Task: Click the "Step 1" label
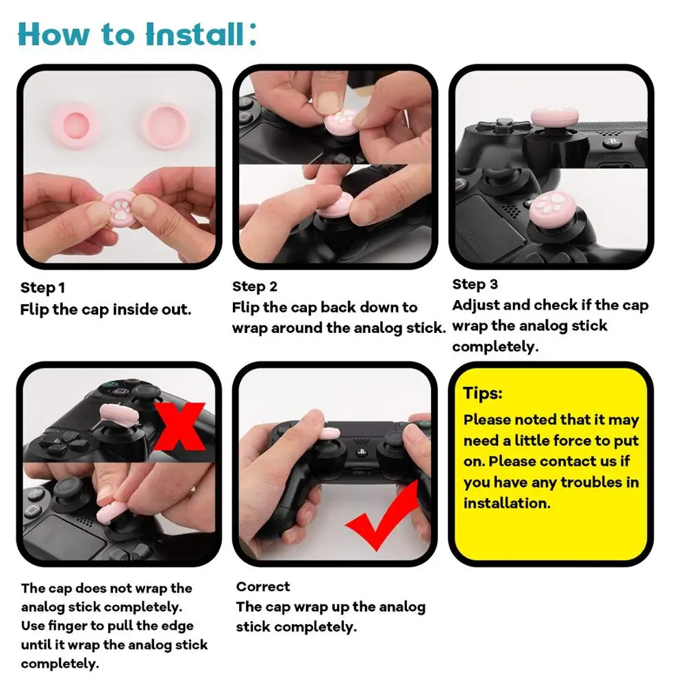tap(42, 288)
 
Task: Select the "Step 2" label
tap(255, 286)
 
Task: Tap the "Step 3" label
tap(475, 284)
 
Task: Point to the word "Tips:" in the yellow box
tap(483, 393)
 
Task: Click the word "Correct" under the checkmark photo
tap(263, 586)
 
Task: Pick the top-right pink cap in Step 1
tap(166, 125)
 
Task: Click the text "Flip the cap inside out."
tap(105, 309)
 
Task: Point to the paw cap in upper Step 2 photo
tap(340, 122)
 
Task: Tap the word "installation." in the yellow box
tap(507, 503)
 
